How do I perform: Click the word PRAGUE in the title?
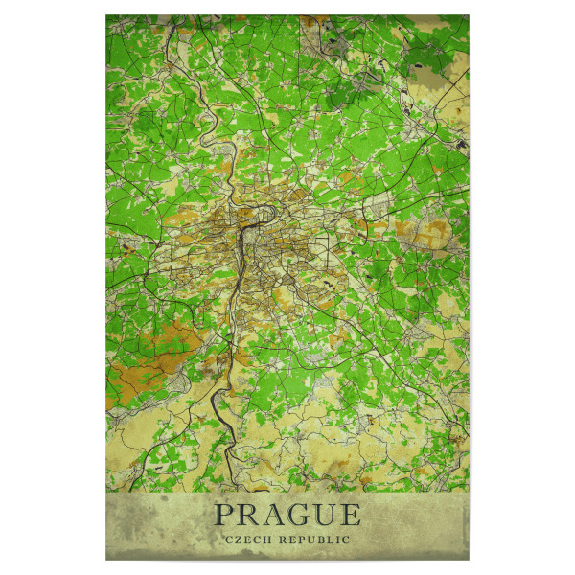click(x=287, y=515)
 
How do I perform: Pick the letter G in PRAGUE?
click(x=298, y=515)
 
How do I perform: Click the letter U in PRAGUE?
click(x=325, y=515)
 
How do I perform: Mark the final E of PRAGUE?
click(x=350, y=515)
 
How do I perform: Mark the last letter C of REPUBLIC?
click(x=347, y=540)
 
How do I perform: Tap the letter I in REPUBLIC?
click(x=339, y=540)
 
